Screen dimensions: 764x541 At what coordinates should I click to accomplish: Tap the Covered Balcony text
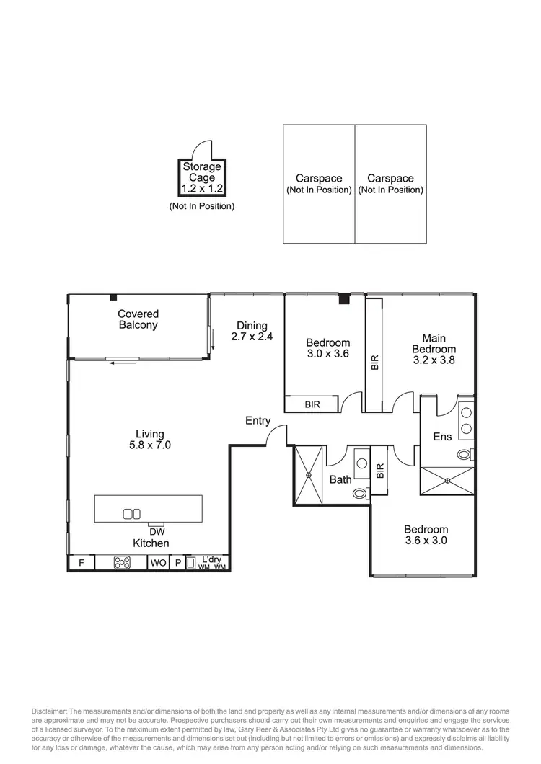click(138, 319)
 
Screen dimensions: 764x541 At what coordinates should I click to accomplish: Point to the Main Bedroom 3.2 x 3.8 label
click(434, 349)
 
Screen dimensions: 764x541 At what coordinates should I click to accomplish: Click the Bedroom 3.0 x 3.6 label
click(327, 348)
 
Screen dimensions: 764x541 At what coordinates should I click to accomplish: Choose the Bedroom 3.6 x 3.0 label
click(426, 534)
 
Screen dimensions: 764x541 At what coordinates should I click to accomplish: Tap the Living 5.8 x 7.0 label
click(150, 440)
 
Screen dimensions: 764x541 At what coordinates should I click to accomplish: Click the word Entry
click(258, 421)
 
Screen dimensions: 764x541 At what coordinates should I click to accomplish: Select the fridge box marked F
click(81, 563)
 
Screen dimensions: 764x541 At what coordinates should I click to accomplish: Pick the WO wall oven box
click(158, 563)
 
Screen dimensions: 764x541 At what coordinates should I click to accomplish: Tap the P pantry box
click(177, 563)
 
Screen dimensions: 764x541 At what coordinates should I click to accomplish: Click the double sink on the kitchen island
click(131, 513)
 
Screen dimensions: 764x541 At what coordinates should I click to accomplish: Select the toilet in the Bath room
click(361, 494)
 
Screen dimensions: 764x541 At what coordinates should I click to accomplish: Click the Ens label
click(442, 437)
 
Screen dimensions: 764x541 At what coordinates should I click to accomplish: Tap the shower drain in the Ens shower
click(447, 481)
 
